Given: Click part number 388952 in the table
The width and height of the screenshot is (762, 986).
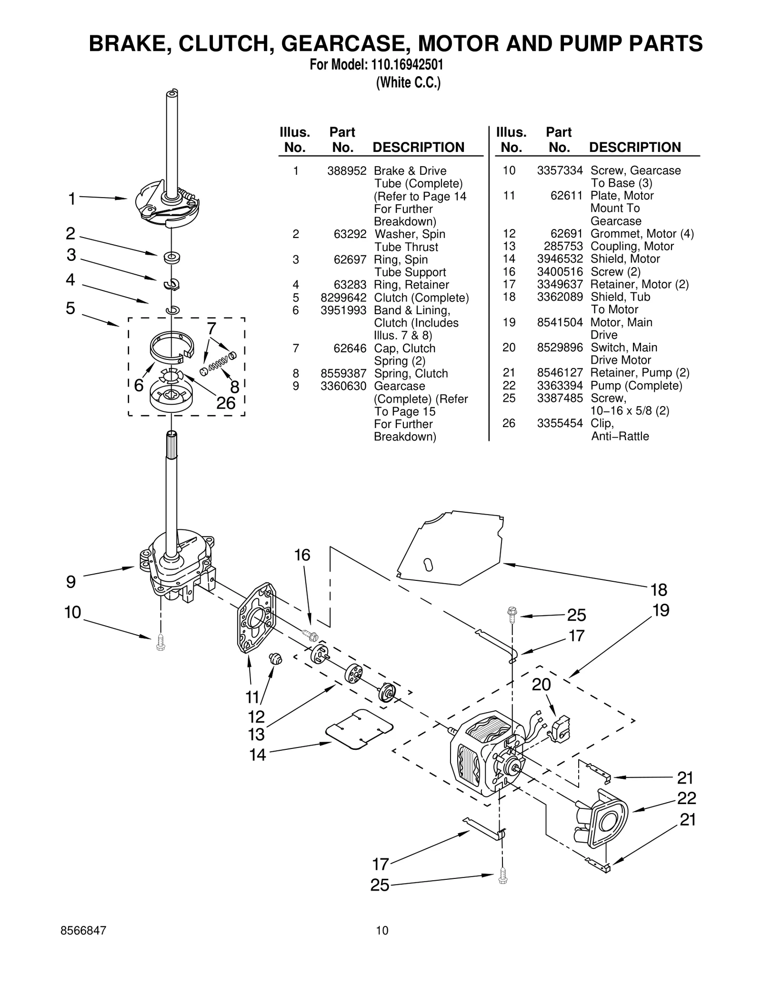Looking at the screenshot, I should (x=346, y=171).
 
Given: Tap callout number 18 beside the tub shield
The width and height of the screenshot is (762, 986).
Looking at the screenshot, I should (x=659, y=590).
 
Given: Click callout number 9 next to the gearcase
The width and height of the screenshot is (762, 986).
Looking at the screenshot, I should (x=70, y=582).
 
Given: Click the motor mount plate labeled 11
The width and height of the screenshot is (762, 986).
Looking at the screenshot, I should (x=256, y=617).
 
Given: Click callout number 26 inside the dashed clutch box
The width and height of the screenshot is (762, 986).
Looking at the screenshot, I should (x=226, y=403).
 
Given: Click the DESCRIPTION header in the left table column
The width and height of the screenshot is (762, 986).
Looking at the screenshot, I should (x=418, y=147).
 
